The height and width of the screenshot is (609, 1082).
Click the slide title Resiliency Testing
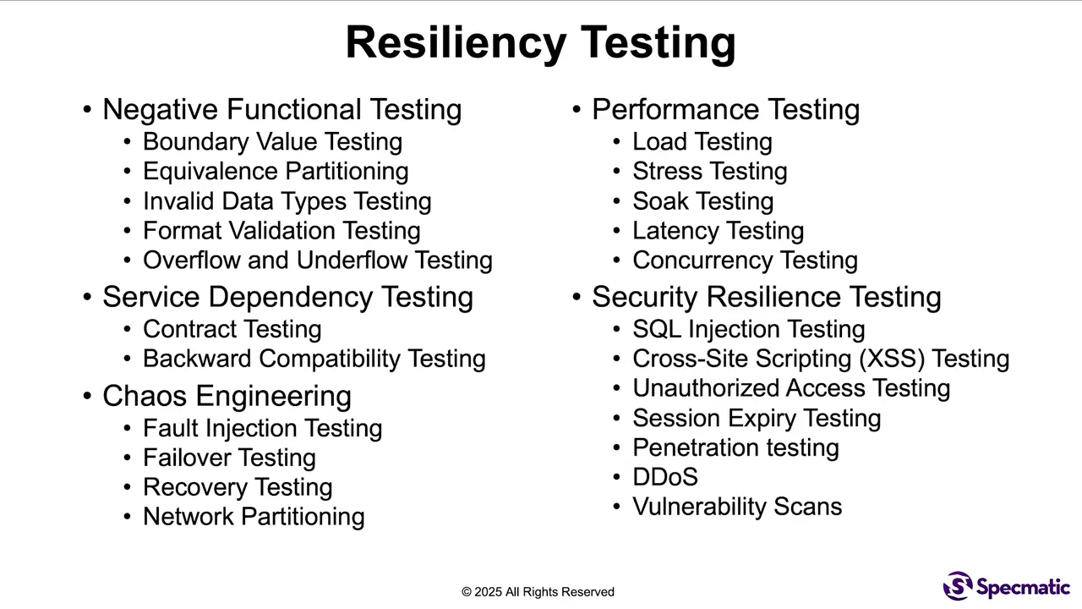pyautogui.click(x=540, y=42)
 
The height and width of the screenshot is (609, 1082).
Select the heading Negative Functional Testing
pyautogui.click(x=281, y=109)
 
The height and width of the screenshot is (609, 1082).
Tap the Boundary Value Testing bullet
pyautogui.click(x=272, y=141)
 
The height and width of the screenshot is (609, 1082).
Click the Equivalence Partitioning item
pyautogui.click(x=276, y=171)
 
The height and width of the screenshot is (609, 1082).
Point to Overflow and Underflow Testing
pyautogui.click(x=317, y=260)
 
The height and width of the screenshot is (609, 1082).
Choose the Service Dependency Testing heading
pyautogui.click(x=287, y=297)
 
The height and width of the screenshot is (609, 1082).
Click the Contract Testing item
pyautogui.click(x=232, y=329)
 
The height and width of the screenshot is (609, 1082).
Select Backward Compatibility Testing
pyautogui.click(x=314, y=359)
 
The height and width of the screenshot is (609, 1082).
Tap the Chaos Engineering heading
pyautogui.click(x=227, y=396)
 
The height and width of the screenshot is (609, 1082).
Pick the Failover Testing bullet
pyautogui.click(x=229, y=458)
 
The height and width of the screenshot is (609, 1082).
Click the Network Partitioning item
pyautogui.click(x=254, y=517)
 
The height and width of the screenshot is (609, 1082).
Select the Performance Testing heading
pyautogui.click(x=725, y=109)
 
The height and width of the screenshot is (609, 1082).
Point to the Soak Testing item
pyautogui.click(x=702, y=201)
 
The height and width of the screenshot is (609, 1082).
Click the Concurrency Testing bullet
pyautogui.click(x=745, y=260)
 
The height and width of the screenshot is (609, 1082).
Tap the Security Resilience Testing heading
pyautogui.click(x=766, y=297)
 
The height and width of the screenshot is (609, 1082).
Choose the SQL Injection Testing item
pyautogui.click(x=748, y=329)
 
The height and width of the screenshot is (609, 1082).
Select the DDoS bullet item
pyautogui.click(x=665, y=477)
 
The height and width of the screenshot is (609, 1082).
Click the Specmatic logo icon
pyautogui.click(x=958, y=585)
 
